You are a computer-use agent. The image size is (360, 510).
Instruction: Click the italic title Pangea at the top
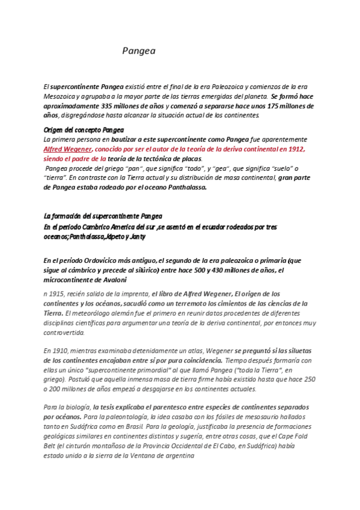tap(139, 51)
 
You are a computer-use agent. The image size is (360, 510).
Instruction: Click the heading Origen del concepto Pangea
tap(84, 129)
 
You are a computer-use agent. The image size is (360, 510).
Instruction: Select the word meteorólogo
tap(96, 313)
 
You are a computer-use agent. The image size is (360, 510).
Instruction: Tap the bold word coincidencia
tap(204, 360)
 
